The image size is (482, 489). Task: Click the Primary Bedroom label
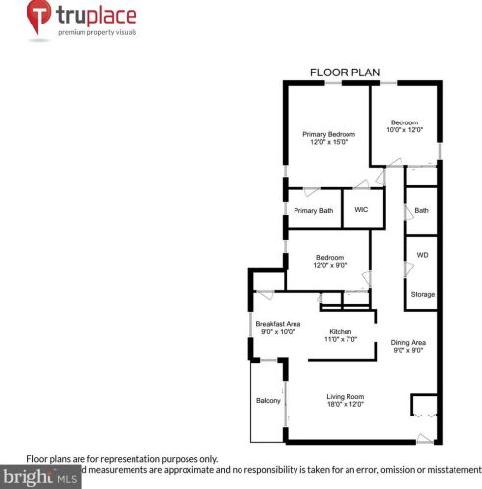[x=328, y=134]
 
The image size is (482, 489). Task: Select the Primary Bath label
[x=313, y=211]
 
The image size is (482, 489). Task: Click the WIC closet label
[x=361, y=210]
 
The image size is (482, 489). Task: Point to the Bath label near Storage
[x=421, y=211]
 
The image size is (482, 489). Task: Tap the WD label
[x=422, y=255]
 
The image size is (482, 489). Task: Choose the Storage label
[x=422, y=295]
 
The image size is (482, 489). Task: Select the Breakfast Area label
[x=278, y=324]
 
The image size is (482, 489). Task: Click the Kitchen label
[x=340, y=331]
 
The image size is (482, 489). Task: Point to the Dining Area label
[x=409, y=342]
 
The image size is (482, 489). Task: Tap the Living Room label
[x=346, y=396]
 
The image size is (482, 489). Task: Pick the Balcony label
[x=268, y=401]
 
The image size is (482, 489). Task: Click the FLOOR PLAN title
[x=339, y=73]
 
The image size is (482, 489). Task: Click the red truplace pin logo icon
[x=38, y=18]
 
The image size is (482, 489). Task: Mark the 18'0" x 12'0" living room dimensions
[x=346, y=404]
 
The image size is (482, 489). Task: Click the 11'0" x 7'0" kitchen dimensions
[x=340, y=339]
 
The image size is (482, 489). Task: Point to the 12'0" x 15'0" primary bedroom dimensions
[x=328, y=142]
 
